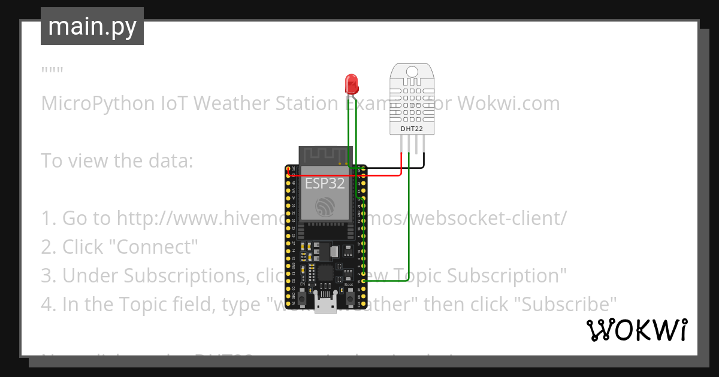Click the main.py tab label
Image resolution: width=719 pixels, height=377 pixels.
point(92,26)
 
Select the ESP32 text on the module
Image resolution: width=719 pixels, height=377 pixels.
point(325,183)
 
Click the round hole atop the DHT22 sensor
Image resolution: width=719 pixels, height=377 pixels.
point(412,71)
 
